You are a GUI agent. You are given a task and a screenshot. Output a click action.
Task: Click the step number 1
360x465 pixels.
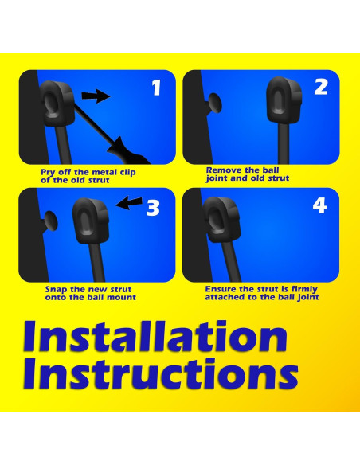[x=156, y=88]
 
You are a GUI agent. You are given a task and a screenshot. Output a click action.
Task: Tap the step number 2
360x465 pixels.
[x=321, y=87]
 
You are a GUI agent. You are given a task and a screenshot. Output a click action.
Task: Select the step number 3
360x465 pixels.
[x=153, y=208]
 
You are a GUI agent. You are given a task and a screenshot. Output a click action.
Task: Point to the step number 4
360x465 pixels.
[x=319, y=205]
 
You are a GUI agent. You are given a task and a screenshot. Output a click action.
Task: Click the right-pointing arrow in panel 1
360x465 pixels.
[x=96, y=96]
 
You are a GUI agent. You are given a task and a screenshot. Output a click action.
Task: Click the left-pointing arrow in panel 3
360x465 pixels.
[x=129, y=203]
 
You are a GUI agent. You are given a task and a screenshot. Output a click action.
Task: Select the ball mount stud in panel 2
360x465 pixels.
[x=214, y=104]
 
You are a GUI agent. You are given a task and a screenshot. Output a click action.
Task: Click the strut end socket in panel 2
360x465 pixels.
[x=284, y=100]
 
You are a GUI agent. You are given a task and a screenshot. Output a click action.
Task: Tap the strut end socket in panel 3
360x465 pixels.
[x=91, y=221]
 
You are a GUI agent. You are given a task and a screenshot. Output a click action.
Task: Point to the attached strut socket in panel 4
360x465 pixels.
[x=221, y=219]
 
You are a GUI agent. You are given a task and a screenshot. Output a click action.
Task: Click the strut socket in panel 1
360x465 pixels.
[x=57, y=103]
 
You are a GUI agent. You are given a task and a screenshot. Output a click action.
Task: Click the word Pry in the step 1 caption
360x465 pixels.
[x=48, y=172]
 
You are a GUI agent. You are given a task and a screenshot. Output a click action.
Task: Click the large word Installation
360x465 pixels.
[x=155, y=337]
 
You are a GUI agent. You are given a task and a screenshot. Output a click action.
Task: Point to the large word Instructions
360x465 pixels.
[x=160, y=373]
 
